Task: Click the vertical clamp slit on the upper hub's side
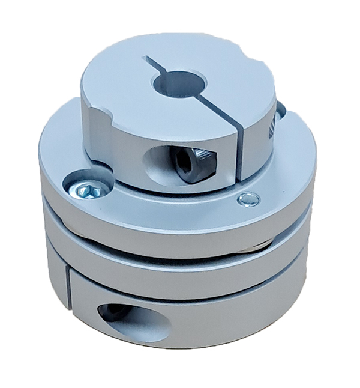pos(240,150)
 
